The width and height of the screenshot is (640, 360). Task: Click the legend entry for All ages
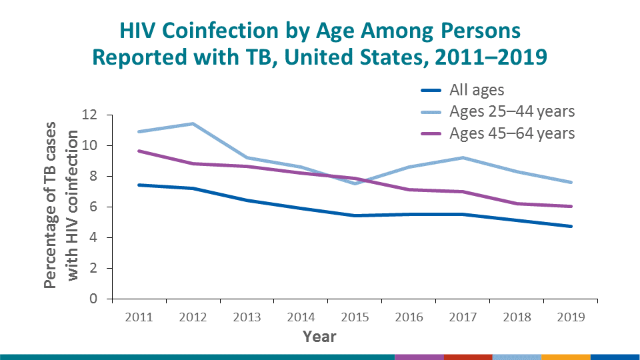477,90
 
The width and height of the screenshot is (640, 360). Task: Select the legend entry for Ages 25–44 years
511,111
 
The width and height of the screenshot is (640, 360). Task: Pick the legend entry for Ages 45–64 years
511,133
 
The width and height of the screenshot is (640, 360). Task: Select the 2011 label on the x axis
139,317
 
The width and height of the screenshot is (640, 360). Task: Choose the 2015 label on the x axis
355,317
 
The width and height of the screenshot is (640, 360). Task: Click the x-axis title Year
319,337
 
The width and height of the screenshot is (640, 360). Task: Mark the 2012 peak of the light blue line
193,123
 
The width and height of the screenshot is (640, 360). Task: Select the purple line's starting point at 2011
139,151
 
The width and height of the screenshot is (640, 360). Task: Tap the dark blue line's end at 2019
571,226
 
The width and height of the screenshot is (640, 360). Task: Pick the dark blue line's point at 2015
355,215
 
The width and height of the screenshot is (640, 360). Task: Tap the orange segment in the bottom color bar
566,356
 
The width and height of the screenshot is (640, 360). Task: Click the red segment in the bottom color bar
467,356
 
